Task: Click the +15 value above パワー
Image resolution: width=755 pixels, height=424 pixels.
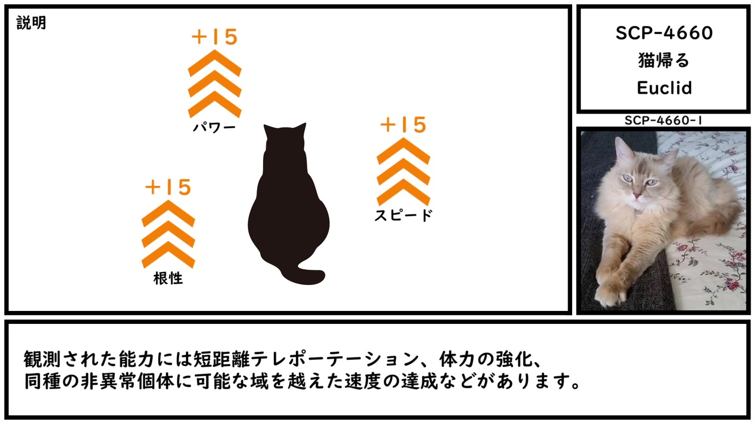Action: coord(215,37)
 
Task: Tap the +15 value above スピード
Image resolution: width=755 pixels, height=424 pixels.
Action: coord(403,125)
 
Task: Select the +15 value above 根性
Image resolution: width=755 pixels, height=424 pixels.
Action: coord(168,187)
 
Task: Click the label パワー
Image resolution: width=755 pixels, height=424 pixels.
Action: coord(214,127)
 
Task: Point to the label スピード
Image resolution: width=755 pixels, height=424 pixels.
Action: coord(403,216)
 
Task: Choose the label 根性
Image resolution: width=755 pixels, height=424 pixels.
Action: coord(168,279)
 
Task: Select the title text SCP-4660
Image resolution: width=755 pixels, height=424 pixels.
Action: coord(664,34)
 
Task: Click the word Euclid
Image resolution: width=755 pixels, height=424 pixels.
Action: coord(664,88)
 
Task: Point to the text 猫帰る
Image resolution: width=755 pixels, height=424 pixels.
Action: coord(664,61)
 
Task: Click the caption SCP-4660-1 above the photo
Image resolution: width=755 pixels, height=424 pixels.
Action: coord(664,121)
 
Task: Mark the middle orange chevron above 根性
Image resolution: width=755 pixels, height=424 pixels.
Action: coord(168,234)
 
